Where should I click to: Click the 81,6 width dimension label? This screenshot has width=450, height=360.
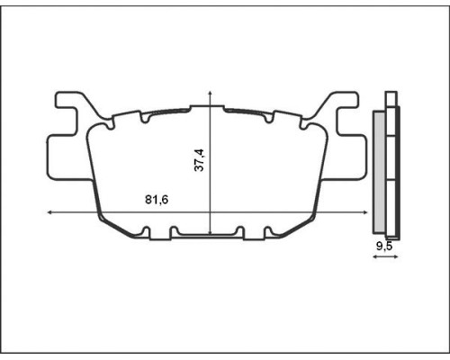click(x=157, y=200)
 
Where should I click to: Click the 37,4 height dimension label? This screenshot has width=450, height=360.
click(x=199, y=160)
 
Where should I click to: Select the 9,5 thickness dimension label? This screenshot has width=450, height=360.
click(x=384, y=247)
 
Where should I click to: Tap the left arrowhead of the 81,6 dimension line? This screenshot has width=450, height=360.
click(x=50, y=212)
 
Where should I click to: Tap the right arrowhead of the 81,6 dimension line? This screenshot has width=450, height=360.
click(x=365, y=212)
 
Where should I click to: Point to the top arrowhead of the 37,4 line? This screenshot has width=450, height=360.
click(x=211, y=92)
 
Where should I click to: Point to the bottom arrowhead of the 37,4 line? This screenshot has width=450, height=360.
click(x=211, y=232)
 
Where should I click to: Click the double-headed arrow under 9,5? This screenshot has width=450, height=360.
click(x=385, y=256)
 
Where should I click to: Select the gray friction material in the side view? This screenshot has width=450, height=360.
click(x=380, y=172)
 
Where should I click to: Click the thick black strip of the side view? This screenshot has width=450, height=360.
click(x=399, y=173)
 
